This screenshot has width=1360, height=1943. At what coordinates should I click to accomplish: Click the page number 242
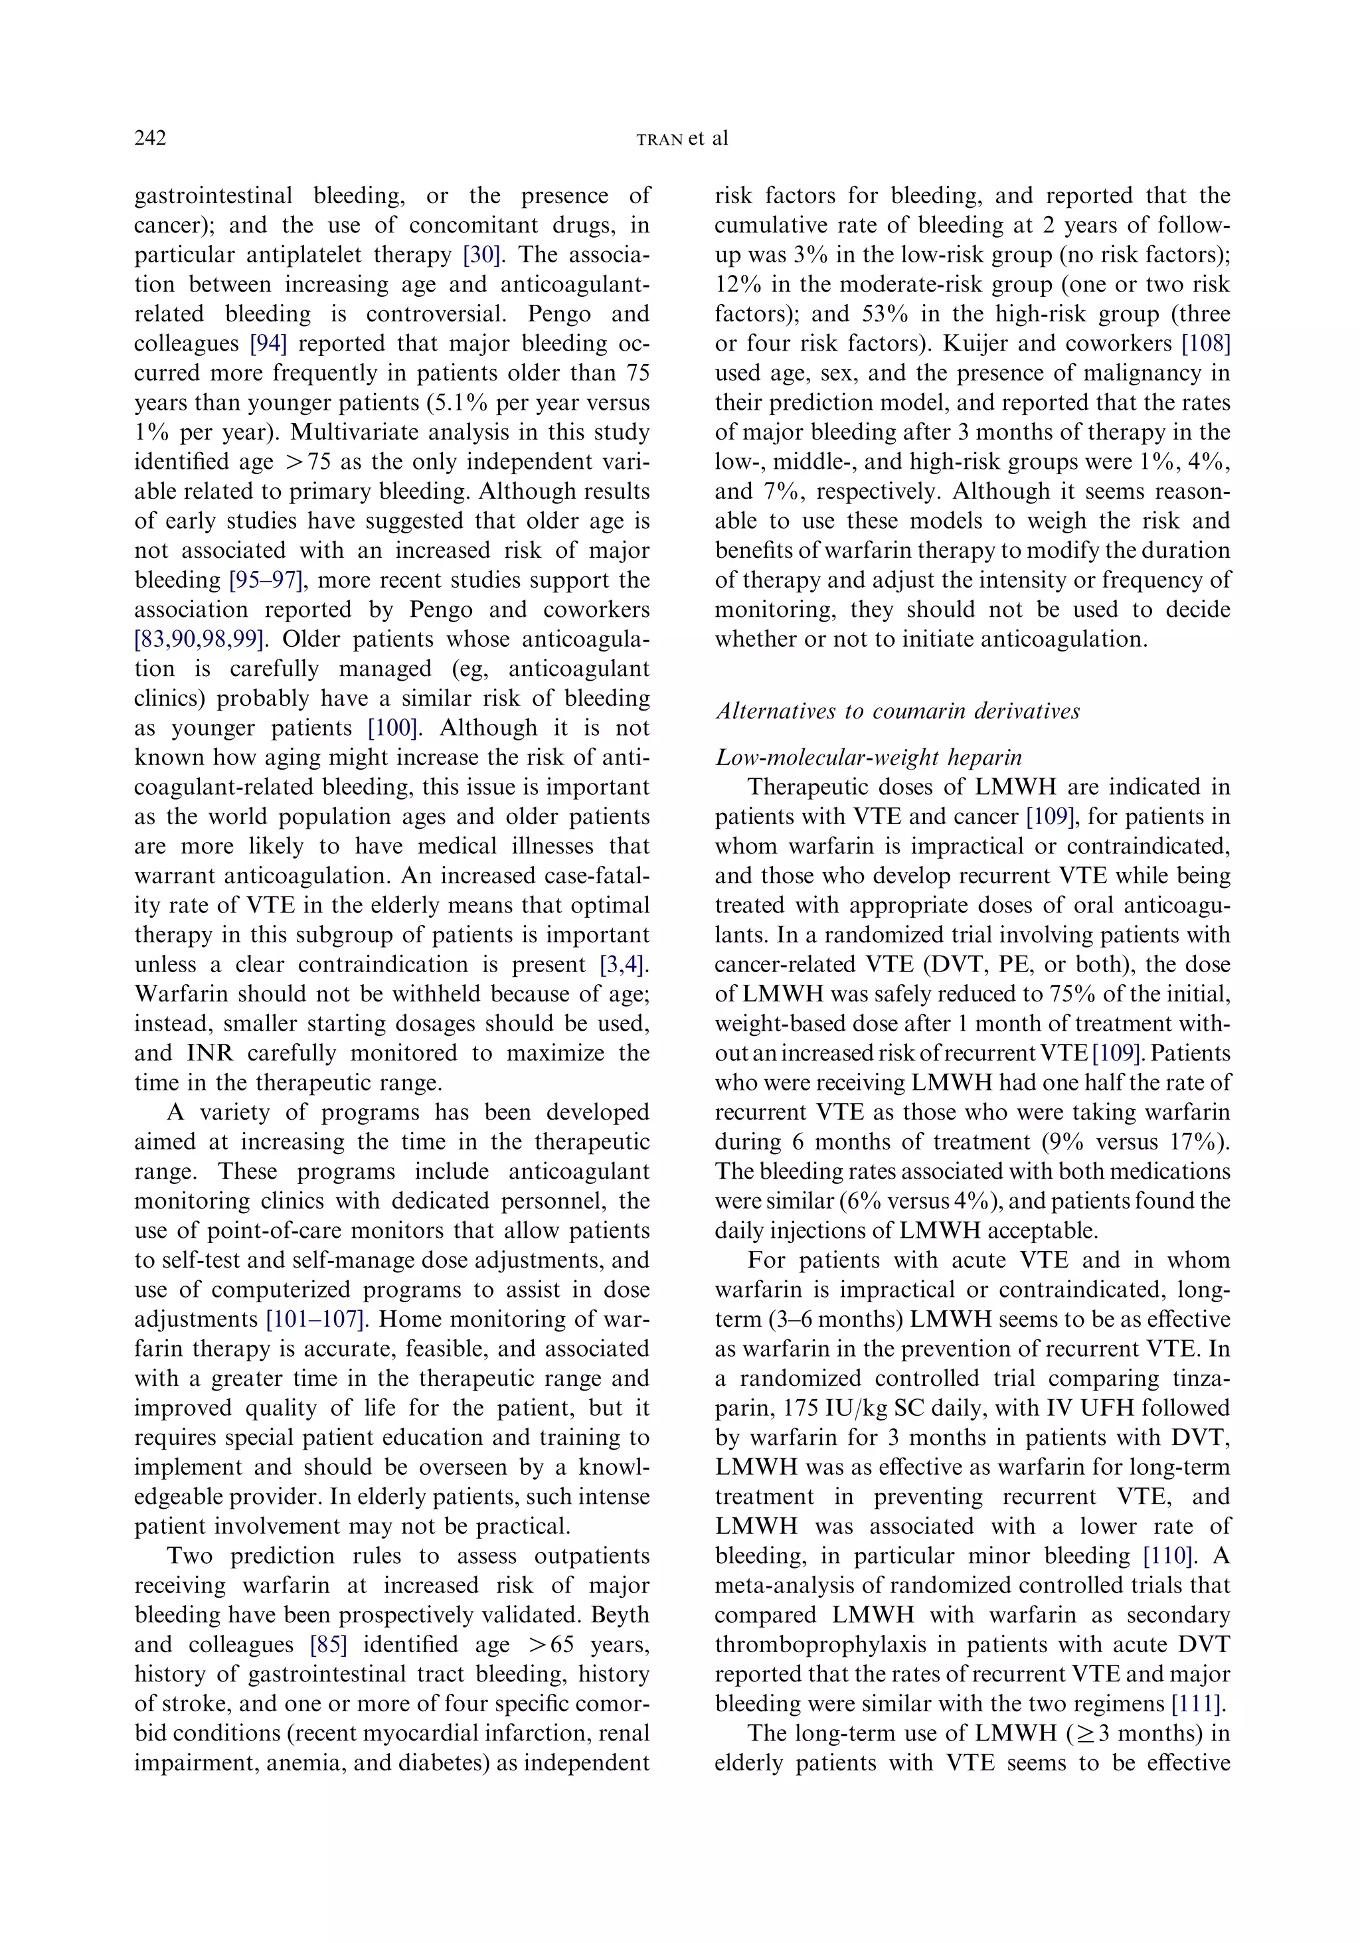tap(151, 138)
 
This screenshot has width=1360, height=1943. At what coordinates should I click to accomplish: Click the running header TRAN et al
tap(681, 139)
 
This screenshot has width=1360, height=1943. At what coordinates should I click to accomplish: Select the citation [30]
tap(481, 255)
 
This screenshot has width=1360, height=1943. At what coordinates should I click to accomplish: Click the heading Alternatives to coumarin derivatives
tap(898, 711)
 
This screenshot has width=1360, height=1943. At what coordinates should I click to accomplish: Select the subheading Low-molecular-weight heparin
tap(869, 758)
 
